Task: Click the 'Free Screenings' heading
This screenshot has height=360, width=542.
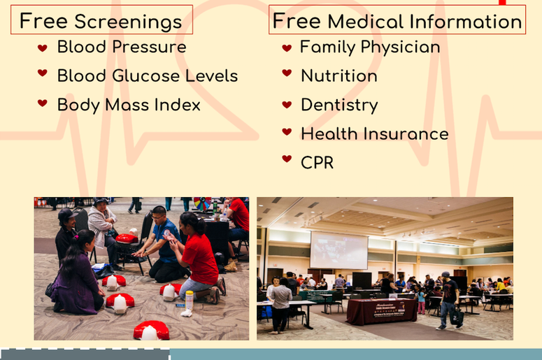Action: [x=101, y=21]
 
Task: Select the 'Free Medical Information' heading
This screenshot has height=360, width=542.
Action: [x=397, y=21]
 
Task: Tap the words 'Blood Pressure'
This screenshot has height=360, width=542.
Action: [x=122, y=47]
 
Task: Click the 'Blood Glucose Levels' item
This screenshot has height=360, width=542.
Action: [x=148, y=75]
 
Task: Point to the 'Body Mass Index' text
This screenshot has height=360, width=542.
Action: [x=129, y=105]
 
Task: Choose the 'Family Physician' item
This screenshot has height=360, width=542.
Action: [x=370, y=47]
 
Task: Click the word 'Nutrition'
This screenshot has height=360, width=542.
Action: [x=339, y=75]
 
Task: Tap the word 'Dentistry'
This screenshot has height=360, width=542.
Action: [x=339, y=105]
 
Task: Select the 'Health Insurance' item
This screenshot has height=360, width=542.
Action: [x=375, y=134]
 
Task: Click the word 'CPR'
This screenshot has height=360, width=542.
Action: [x=317, y=163]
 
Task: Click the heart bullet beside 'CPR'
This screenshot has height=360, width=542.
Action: [x=287, y=159]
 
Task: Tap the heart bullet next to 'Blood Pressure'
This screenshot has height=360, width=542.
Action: [x=43, y=48]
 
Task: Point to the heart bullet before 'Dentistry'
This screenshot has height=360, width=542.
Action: [x=287, y=104]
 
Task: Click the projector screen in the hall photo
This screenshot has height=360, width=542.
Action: [x=338, y=250]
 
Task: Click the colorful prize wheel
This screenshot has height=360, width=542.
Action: [x=203, y=203]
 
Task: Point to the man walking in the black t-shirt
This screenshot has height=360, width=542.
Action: [x=450, y=301]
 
